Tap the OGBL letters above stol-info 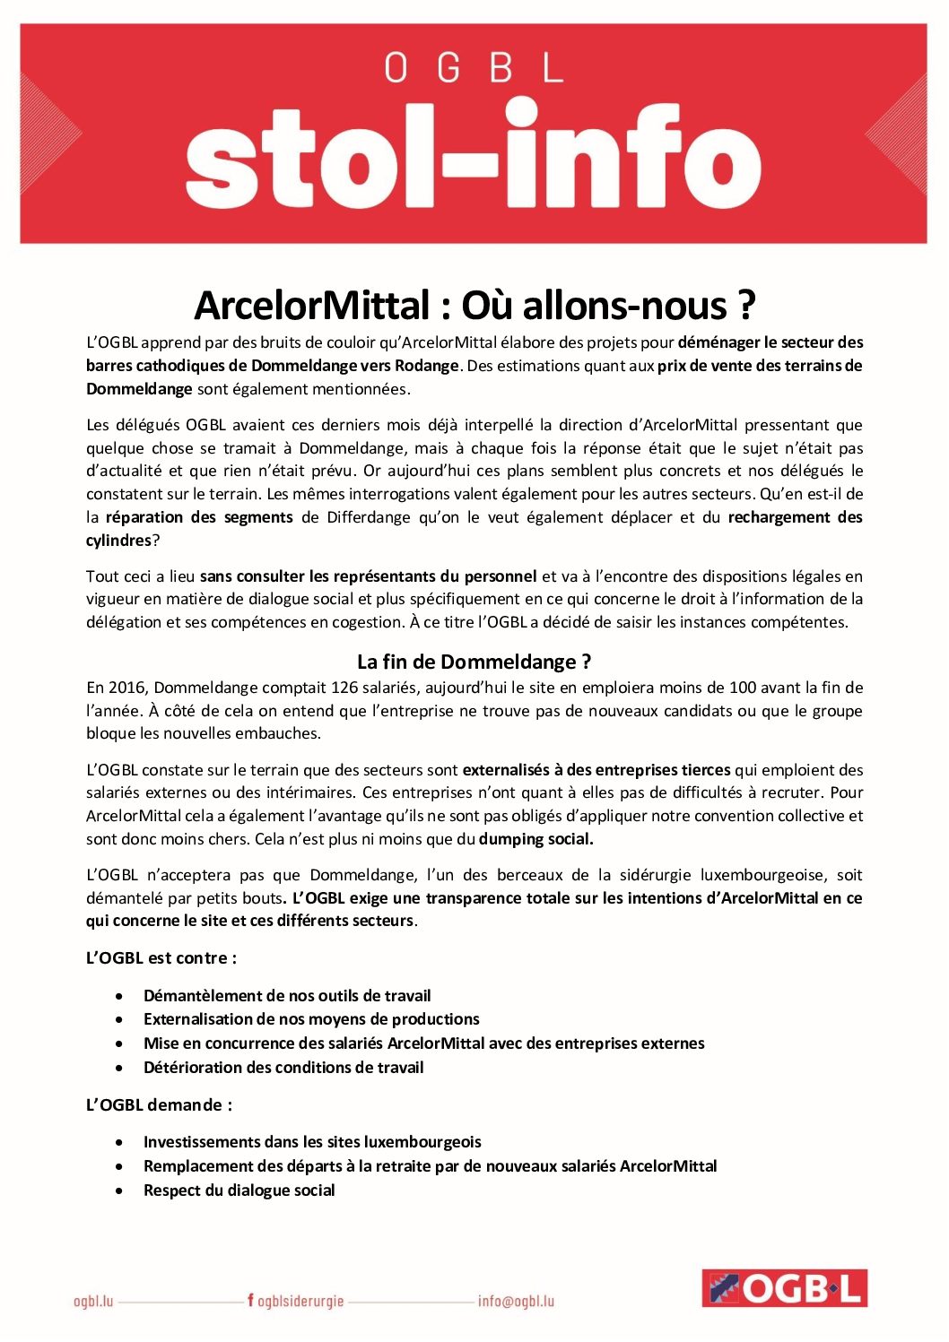click(x=473, y=68)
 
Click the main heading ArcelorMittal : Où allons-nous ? click(x=474, y=306)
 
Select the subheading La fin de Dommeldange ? click(x=474, y=662)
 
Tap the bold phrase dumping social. click(x=535, y=839)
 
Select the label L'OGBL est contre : click(x=161, y=957)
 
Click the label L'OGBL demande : click(x=159, y=1104)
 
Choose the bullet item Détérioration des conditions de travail click(x=283, y=1067)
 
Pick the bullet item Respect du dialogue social click(x=239, y=1190)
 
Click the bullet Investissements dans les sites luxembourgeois click(x=312, y=1141)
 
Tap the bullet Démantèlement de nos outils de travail click(x=287, y=995)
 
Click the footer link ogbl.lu click(x=93, y=1301)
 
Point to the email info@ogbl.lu click(x=516, y=1301)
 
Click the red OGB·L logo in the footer click(x=784, y=1288)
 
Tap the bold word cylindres click(x=118, y=541)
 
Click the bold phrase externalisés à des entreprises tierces click(x=596, y=769)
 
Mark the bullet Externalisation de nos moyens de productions click(x=311, y=1018)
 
